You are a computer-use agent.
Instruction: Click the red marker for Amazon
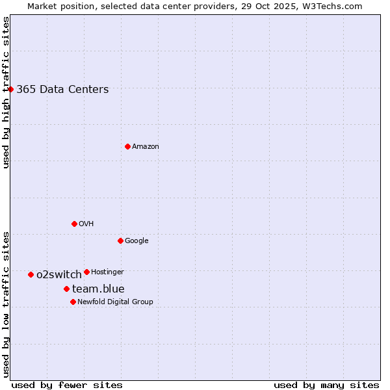click(x=127, y=146)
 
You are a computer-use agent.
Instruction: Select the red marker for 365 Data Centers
click(x=11, y=89)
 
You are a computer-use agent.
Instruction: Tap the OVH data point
click(x=74, y=224)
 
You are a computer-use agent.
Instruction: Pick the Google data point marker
click(x=120, y=240)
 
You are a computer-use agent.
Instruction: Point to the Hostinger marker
click(x=86, y=272)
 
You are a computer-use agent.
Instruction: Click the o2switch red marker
click(x=31, y=274)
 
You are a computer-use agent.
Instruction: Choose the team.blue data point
click(x=66, y=289)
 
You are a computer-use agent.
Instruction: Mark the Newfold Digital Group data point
click(x=73, y=302)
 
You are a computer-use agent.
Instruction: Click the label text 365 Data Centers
click(x=62, y=90)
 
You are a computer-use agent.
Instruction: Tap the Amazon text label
click(x=146, y=147)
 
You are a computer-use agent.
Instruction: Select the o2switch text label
click(x=59, y=275)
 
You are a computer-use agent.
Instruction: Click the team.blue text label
click(x=98, y=289)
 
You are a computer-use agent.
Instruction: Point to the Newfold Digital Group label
click(x=115, y=302)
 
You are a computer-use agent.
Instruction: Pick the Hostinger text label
click(x=107, y=272)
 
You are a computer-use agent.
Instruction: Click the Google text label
click(x=136, y=241)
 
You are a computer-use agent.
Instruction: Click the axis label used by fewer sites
click(x=67, y=385)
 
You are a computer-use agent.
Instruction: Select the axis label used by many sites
click(x=326, y=385)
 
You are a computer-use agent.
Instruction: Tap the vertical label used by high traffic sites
click(x=6, y=92)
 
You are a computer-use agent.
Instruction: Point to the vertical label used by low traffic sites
click(x=6, y=304)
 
